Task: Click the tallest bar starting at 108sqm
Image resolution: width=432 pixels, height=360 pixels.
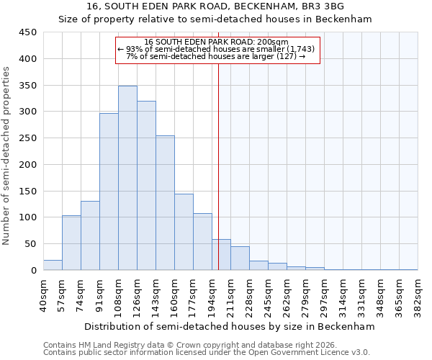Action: [127, 178]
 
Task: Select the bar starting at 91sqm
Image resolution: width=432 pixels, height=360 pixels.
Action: [109, 192]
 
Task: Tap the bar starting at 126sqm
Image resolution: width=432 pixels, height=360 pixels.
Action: [146, 186]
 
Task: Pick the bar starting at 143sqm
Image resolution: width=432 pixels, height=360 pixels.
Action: [165, 203]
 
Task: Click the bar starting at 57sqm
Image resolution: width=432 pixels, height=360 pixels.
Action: [71, 243]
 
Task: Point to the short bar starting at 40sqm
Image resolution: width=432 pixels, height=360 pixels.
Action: [53, 265]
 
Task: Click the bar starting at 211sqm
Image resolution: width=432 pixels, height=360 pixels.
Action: [240, 258]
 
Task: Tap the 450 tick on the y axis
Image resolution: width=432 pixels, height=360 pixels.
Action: [28, 32]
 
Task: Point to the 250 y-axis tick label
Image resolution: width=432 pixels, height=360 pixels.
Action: [28, 138]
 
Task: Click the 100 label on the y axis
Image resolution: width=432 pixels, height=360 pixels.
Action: [28, 217]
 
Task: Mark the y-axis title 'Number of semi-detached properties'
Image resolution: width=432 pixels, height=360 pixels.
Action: [7, 155]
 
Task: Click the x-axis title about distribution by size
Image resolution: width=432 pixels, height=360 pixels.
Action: [230, 326]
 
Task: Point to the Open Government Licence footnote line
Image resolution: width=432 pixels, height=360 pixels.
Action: [206, 352]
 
